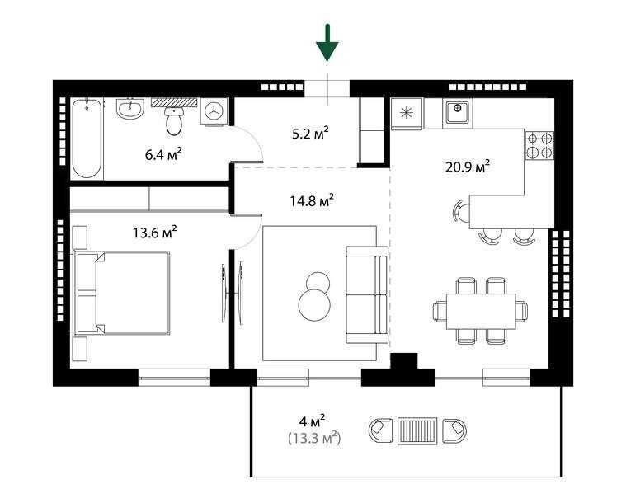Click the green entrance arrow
pos(327,43)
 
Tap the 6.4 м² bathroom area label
pos(163,154)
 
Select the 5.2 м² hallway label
pos(310,133)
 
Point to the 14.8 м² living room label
pos(312,200)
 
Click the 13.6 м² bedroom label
pos(155,232)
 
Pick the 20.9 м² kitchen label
pos(468,167)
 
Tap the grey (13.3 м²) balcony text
pos(314,439)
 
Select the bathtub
pos(87,139)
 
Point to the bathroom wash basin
pos(129,109)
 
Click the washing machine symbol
pos(214,111)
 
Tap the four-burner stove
pos(539,146)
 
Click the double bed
pos(122,293)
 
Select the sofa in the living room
pos(367,295)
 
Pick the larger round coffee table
pos(314,304)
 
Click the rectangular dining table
pos(481,311)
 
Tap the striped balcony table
pos(417,430)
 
